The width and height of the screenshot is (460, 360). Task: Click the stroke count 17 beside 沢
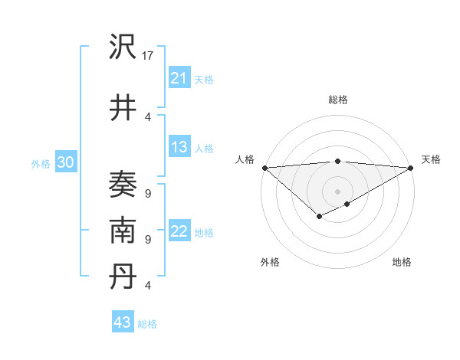148,56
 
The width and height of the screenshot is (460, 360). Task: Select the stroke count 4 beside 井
147,116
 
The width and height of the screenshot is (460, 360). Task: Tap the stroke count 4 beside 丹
147,286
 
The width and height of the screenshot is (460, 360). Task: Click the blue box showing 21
179,77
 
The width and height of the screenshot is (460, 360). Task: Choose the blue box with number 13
179,147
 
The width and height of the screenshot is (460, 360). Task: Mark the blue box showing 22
179,232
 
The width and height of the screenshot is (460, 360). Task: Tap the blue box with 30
65,162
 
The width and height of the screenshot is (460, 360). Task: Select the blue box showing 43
122,322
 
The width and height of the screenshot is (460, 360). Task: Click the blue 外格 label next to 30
40,163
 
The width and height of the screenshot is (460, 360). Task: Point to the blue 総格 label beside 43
147,324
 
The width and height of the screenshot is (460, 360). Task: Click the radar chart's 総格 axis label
337,100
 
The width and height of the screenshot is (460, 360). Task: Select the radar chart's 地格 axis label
402,262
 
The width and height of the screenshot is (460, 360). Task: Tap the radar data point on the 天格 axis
411,168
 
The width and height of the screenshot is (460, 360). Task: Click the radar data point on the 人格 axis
264,168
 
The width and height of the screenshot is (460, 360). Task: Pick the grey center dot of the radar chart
337,191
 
